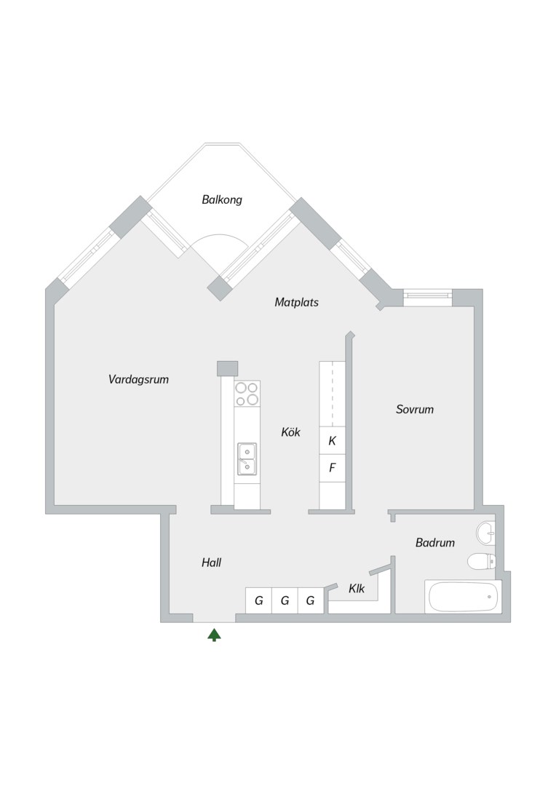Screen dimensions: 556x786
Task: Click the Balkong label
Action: pos(221,199)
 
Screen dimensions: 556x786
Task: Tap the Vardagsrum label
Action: pos(138,379)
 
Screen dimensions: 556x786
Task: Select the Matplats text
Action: pos(296,302)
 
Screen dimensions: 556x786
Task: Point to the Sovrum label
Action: pos(415,409)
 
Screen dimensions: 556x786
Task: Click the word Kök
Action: pos(290,432)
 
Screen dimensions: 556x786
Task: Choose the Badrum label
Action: pos(434,542)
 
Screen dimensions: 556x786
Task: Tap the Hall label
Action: pos(211,563)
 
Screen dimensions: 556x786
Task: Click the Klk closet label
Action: pos(357,589)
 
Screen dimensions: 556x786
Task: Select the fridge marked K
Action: pos(333,440)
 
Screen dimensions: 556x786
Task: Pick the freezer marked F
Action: pos(333,468)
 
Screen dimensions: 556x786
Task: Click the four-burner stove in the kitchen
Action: pos(247,394)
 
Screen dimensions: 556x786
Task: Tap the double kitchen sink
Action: pos(247,458)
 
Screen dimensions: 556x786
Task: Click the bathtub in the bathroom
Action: pos(463,597)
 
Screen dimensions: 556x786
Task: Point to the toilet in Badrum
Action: pos(482,561)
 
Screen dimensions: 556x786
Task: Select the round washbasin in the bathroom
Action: pos(485,533)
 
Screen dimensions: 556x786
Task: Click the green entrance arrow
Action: pos(214,635)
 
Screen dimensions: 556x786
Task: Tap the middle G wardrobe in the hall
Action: pos(285,600)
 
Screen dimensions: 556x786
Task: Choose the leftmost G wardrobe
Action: pos(258,600)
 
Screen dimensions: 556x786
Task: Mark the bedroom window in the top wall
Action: pos(428,297)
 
